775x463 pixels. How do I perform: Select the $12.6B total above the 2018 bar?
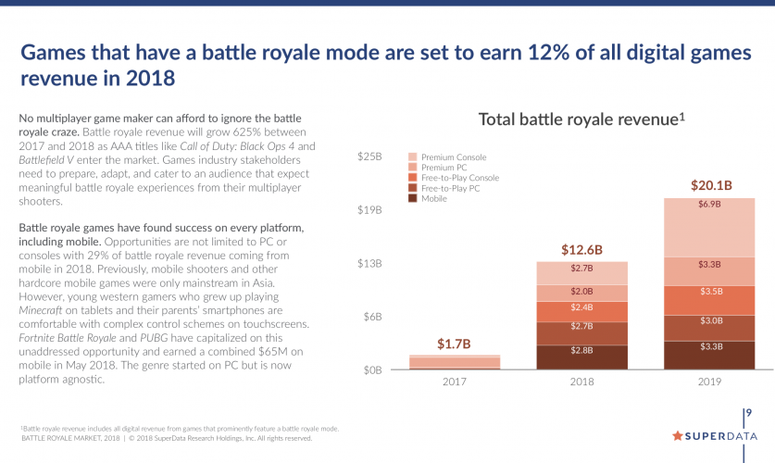[582, 250]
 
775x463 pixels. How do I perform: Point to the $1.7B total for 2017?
[455, 344]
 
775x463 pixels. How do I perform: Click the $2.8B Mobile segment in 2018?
[582, 350]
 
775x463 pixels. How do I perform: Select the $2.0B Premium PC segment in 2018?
[582, 290]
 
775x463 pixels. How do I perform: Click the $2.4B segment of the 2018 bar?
[582, 307]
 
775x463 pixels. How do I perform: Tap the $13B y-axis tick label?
[370, 264]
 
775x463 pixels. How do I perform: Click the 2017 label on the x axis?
[455, 382]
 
